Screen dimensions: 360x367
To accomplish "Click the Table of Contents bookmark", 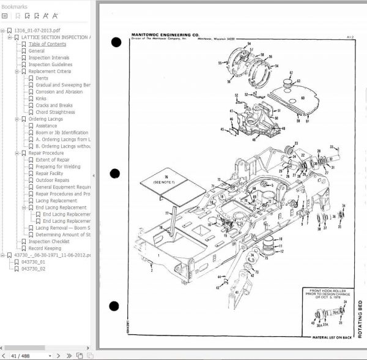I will click(48, 44).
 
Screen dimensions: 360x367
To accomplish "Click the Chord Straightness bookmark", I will click(56, 112).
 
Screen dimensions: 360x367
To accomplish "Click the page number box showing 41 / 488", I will click(23, 355).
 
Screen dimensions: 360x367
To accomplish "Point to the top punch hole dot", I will click(116, 42).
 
